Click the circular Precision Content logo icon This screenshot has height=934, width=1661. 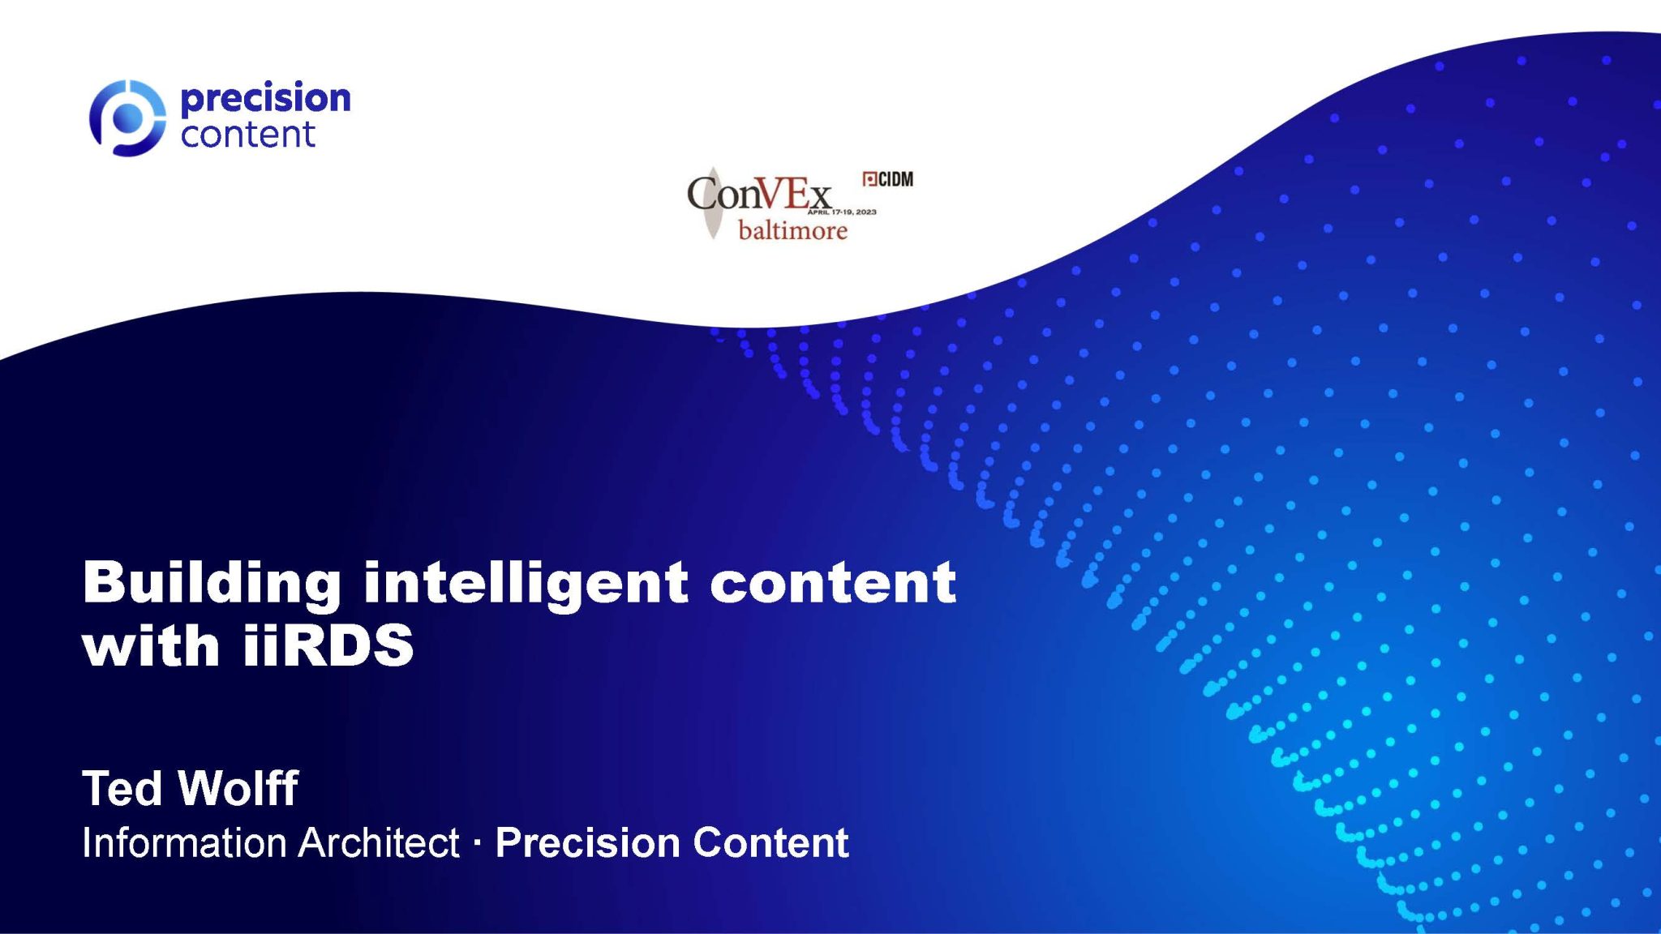(127, 118)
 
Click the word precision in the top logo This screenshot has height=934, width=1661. (266, 99)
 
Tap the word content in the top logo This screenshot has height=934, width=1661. (247, 135)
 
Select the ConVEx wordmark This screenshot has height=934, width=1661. (759, 195)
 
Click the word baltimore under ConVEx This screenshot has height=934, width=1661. (792, 231)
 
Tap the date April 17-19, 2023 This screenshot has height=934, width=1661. (842, 212)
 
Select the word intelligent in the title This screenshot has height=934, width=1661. (526, 583)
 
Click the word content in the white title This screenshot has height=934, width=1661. (833, 583)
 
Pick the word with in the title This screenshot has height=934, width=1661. (151, 646)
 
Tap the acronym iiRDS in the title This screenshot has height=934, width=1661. (328, 646)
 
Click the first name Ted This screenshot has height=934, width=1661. (122, 788)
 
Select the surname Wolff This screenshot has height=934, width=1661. (238, 788)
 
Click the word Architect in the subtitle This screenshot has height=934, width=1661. (379, 843)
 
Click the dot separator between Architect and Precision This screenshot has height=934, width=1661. (477, 844)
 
